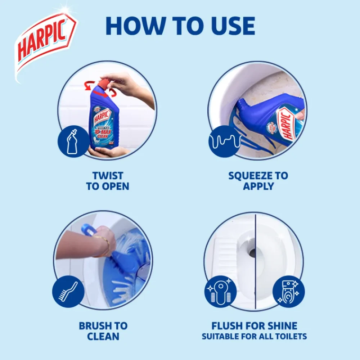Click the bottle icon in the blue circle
coord(73,141)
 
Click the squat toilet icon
coord(221,291)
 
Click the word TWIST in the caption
coord(108,176)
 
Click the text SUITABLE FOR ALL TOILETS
coord(254,337)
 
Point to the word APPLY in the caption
coord(258,186)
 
